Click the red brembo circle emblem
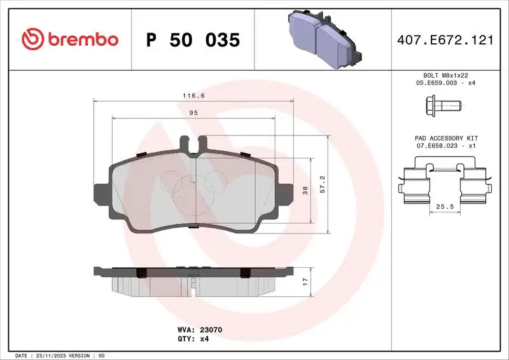pos(29,39)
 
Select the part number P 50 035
pos(193,40)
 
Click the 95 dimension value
pos(194,113)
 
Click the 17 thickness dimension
pos(306,280)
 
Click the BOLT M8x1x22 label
pos(445,75)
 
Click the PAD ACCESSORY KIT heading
pos(446,138)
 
